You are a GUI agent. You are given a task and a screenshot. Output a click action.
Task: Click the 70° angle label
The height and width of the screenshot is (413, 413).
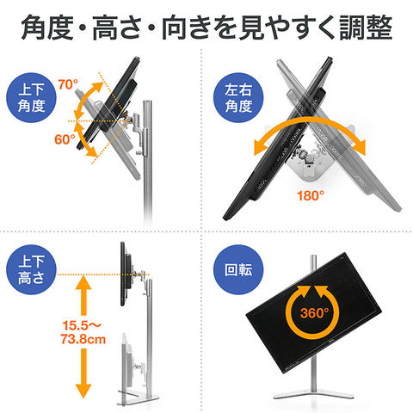69,84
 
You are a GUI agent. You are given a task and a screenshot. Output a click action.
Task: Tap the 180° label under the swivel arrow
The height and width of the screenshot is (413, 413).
310,196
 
